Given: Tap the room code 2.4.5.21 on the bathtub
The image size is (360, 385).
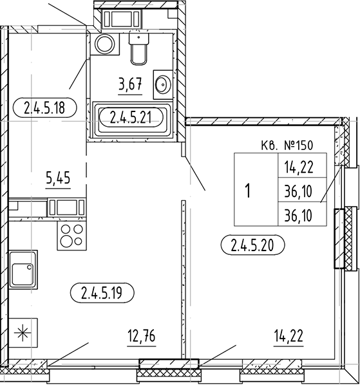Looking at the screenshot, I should (x=130, y=117).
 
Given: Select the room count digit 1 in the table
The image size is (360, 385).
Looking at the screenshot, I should (x=248, y=191).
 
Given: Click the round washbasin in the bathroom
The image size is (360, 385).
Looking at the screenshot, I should (x=162, y=83).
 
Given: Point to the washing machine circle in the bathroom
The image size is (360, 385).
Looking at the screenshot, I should (x=103, y=44).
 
